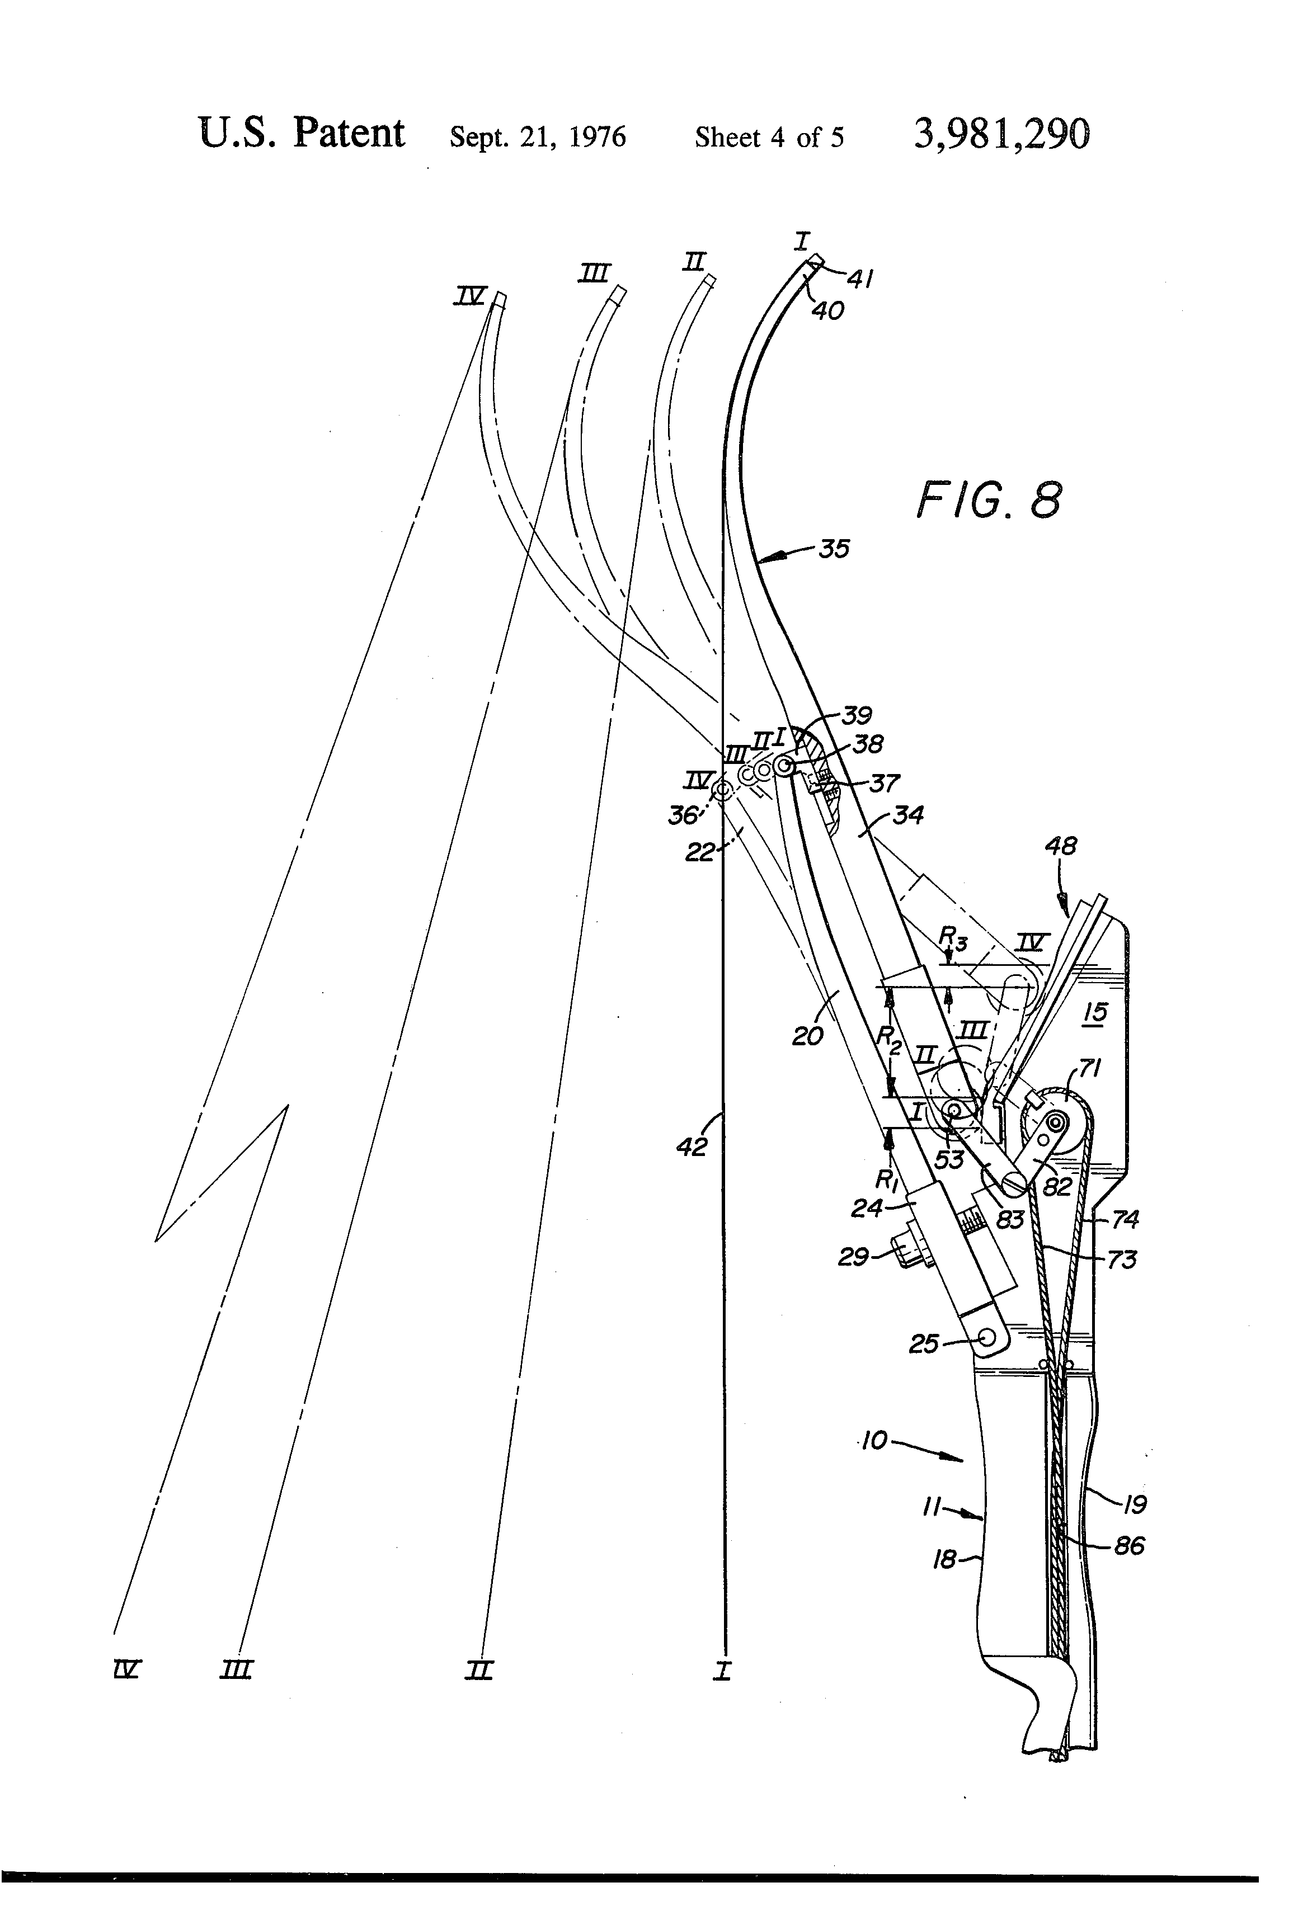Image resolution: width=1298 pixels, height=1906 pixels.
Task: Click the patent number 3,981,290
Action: tap(1002, 134)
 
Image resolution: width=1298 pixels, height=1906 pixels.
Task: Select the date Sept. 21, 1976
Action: tap(538, 137)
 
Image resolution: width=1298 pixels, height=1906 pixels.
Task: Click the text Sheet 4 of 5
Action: tap(769, 137)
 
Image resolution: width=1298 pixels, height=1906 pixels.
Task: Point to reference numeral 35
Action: tap(834, 549)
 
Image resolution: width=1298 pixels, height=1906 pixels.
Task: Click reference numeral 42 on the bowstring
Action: tap(691, 1147)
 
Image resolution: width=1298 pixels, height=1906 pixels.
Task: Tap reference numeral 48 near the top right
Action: tap(1060, 846)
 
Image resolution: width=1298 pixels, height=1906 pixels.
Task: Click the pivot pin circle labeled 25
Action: tap(986, 1337)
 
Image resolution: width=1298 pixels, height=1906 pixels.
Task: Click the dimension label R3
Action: tap(953, 937)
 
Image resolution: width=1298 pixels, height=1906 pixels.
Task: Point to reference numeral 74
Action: tap(1125, 1220)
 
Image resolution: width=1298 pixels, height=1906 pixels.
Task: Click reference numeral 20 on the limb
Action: tap(807, 1036)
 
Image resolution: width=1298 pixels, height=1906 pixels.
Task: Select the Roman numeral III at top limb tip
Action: tap(595, 273)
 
